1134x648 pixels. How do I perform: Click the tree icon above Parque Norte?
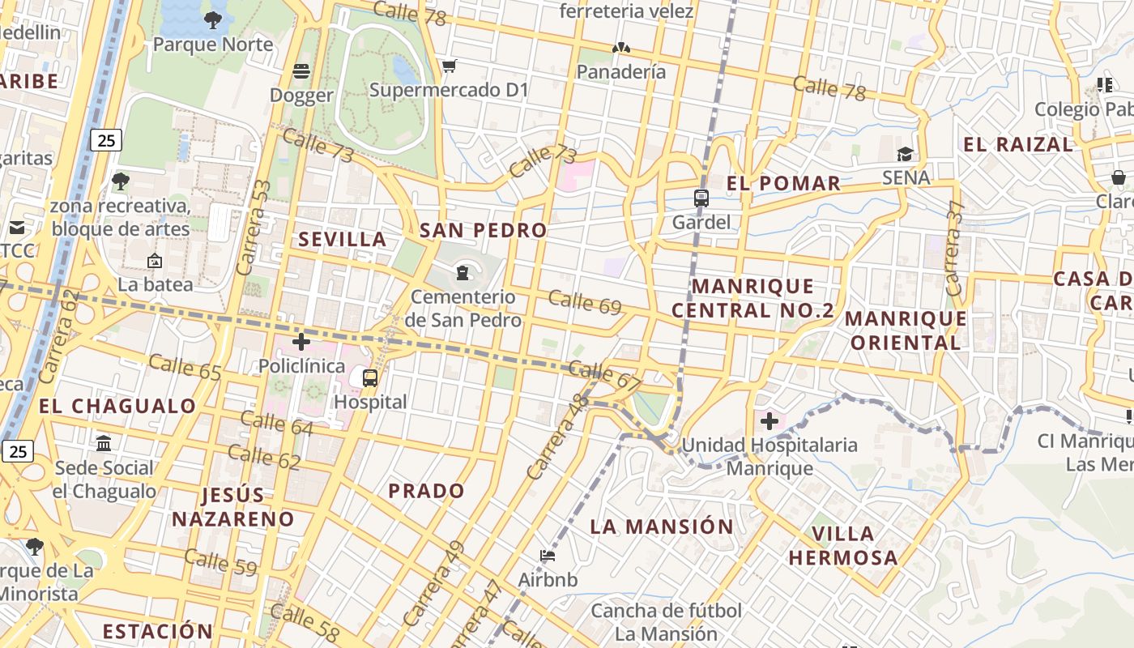[x=213, y=19]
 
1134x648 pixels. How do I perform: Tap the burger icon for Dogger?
[x=301, y=71]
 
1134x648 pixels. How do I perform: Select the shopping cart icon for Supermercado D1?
[x=449, y=66]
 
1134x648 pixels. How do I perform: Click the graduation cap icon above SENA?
[x=905, y=154]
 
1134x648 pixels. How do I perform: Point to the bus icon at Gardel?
[x=701, y=198]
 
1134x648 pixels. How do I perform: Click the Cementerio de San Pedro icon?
[x=463, y=272]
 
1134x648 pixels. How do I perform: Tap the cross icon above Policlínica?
[x=301, y=342]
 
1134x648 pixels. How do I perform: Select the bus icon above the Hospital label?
[x=370, y=377]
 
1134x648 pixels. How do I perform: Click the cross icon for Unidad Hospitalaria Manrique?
[x=769, y=421]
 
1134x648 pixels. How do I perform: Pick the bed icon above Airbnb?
[x=548, y=556]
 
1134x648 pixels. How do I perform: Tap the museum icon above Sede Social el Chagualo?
[x=104, y=443]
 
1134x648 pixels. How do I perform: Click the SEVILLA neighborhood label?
[x=343, y=240]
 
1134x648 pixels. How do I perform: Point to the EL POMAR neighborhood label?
[x=783, y=183]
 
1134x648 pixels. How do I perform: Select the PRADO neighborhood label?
[x=426, y=491]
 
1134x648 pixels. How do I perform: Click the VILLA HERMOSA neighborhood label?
[x=843, y=545]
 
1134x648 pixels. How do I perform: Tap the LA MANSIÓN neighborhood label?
[x=662, y=526]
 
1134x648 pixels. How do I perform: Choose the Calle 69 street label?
[x=584, y=302]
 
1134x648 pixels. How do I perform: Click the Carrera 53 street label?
[x=253, y=228]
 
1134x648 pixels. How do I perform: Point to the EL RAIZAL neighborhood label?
[x=1017, y=145]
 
